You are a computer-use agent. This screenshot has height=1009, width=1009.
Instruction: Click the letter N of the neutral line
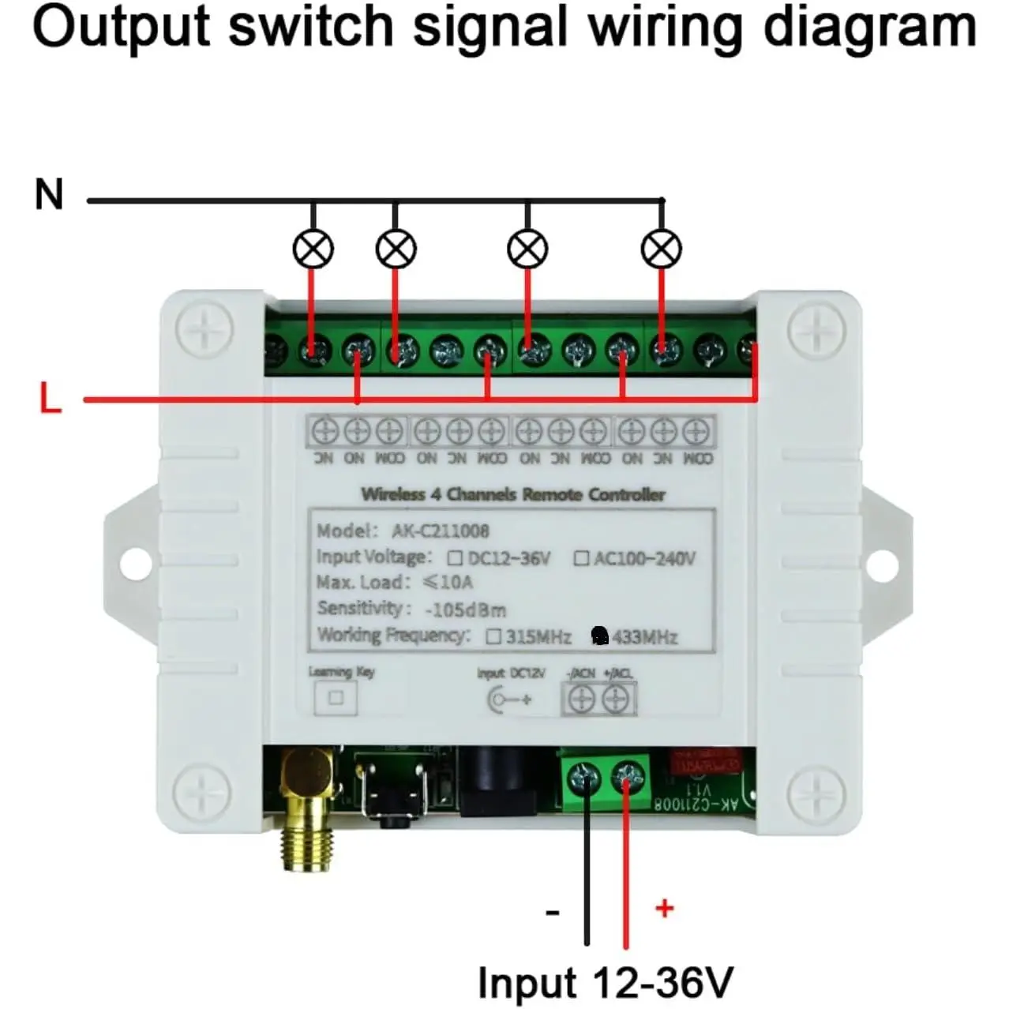(49, 194)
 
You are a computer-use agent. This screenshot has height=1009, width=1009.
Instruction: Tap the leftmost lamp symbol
(313, 249)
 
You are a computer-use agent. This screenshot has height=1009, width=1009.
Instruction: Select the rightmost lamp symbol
(661, 249)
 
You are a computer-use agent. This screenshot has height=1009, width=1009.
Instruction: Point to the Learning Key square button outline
(336, 698)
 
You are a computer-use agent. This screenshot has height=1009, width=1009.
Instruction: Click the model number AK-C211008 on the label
(441, 531)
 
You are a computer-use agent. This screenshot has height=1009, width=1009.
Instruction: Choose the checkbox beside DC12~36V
(455, 559)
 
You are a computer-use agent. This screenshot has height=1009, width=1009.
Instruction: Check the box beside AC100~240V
(581, 559)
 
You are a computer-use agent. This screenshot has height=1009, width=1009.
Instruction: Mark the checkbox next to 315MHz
(494, 636)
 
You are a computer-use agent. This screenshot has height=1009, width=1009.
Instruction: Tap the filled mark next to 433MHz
(600, 636)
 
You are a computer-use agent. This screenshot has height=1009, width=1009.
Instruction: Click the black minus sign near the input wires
(553, 913)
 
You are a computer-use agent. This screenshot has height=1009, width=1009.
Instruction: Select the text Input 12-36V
(605, 983)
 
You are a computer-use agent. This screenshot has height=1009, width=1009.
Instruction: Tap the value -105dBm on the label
(465, 610)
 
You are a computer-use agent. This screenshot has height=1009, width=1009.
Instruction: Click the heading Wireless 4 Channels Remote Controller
(513, 495)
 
